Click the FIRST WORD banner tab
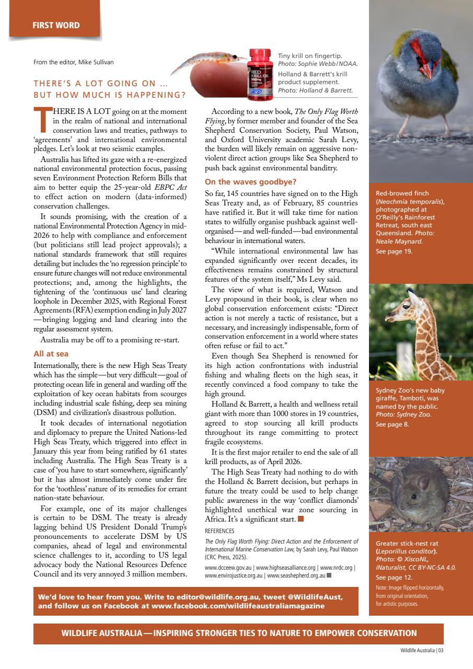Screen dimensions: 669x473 pyautogui.click(x=54, y=25)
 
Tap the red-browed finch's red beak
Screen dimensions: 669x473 pyautogui.click(x=425, y=70)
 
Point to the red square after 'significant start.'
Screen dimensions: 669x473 pyautogui.click(x=301, y=519)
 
